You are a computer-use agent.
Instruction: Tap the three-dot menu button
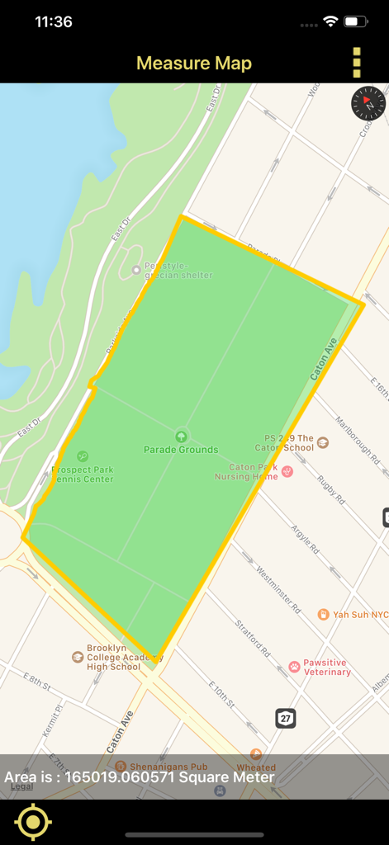pyautogui.click(x=357, y=63)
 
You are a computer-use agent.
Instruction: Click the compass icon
pyautogui.click(x=368, y=103)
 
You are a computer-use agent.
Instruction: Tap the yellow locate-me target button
pyautogui.click(x=33, y=822)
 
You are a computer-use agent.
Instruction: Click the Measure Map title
pyautogui.click(x=194, y=64)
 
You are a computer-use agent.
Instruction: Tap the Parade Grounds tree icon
pyautogui.click(x=181, y=435)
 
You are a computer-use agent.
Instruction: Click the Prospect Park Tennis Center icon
pyautogui.click(x=83, y=456)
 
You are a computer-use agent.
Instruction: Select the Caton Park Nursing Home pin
pyautogui.click(x=287, y=471)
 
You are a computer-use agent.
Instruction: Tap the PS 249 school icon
pyautogui.click(x=323, y=443)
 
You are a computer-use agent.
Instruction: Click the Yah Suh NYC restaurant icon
pyautogui.click(x=324, y=615)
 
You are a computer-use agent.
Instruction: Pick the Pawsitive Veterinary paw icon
pyautogui.click(x=294, y=666)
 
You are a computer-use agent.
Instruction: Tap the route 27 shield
pyautogui.click(x=286, y=718)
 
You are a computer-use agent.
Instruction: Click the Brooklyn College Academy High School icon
pyautogui.click(x=78, y=657)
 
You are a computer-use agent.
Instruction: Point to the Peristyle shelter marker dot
pyautogui.click(x=136, y=270)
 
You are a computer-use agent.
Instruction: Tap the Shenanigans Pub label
pyautogui.click(x=168, y=767)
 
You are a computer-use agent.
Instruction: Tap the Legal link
pyautogui.click(x=22, y=787)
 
